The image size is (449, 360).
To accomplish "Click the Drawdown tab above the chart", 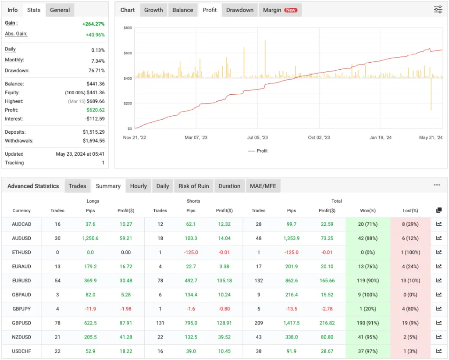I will [x=240, y=10].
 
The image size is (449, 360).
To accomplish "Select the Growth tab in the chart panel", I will [x=153, y=10].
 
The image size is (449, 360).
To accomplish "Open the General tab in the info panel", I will [x=60, y=10].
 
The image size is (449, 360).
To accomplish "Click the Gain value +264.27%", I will [x=93, y=24].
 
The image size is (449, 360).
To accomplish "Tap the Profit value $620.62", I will [x=96, y=110].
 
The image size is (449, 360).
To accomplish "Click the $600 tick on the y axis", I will [x=128, y=53].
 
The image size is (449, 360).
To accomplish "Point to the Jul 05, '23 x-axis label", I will [x=257, y=138].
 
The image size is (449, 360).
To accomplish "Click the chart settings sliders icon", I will [x=438, y=10].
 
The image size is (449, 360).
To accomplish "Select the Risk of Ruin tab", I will [x=193, y=186].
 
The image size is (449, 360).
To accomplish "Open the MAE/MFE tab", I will [x=263, y=186].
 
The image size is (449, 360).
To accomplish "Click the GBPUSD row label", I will [x=21, y=323].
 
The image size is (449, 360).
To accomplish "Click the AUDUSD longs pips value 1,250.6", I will [x=90, y=239].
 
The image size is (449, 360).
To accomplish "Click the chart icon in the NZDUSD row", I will [x=439, y=337].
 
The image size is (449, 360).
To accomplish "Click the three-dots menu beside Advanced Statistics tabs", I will [x=437, y=185].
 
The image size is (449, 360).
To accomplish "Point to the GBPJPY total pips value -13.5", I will [x=292, y=309].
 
